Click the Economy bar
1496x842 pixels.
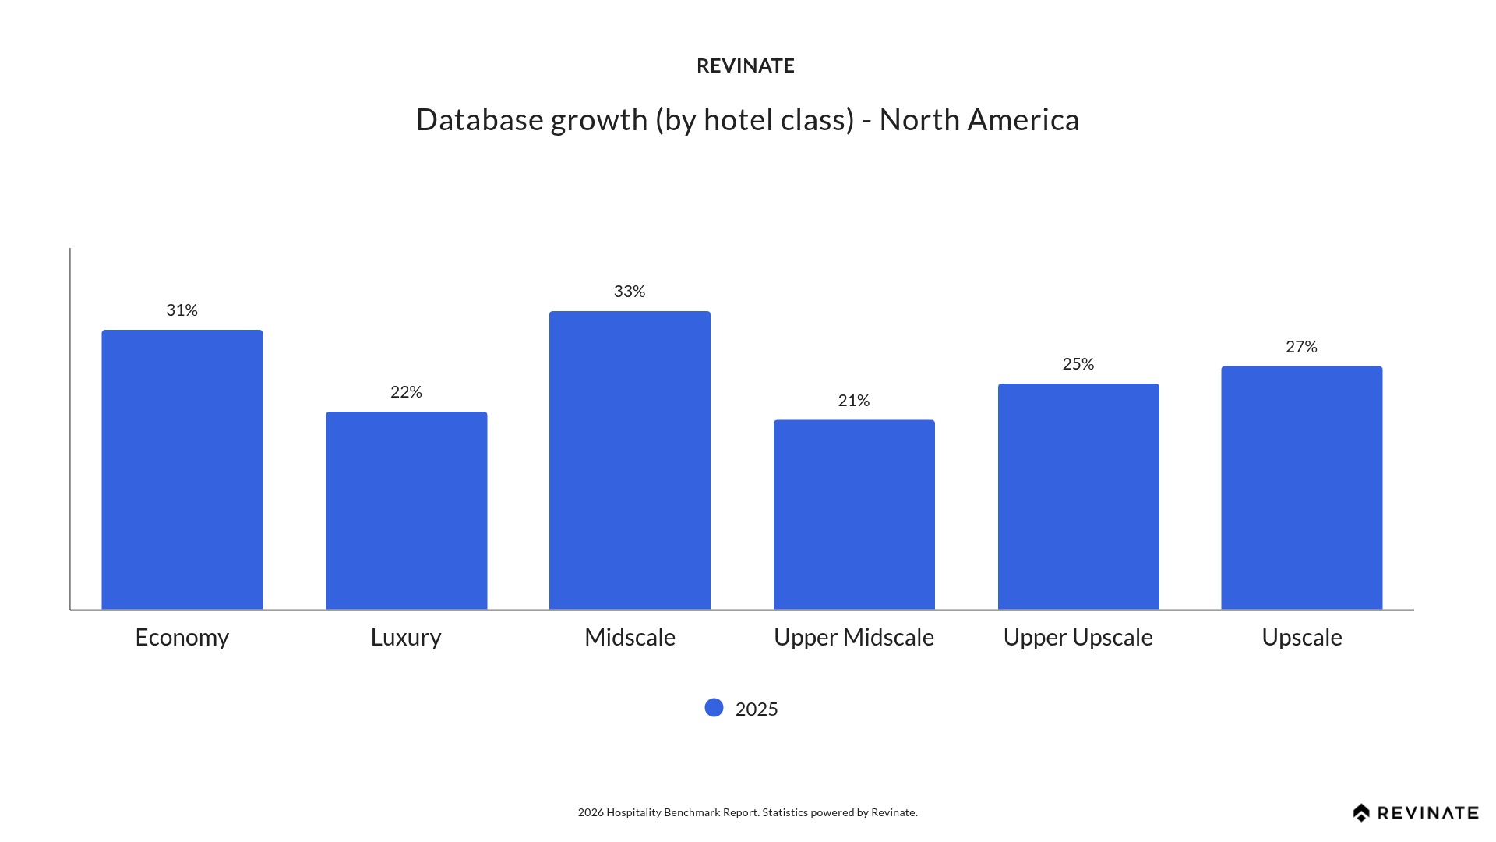[182, 469]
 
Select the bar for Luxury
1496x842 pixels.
[406, 511]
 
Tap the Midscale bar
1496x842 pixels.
[630, 460]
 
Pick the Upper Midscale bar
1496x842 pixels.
[854, 515]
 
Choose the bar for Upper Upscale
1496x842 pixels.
[1078, 497]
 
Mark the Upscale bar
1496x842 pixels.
[1301, 487]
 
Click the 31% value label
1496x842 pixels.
[182, 310]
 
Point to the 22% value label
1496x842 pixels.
[406, 392]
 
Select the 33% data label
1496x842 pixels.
[630, 292]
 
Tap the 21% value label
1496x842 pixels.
[854, 401]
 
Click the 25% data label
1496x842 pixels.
[1078, 364]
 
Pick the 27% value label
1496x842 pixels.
[1301, 347]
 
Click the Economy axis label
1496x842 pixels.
[182, 637]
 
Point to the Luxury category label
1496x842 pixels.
[406, 637]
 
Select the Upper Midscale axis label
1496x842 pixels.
[854, 637]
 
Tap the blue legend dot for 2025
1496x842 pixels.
[714, 708]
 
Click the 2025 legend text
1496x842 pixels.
[757, 709]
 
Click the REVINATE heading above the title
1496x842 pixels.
[746, 66]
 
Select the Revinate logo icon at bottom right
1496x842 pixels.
[1361, 813]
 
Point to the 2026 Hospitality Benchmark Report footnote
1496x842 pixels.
[747, 812]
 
